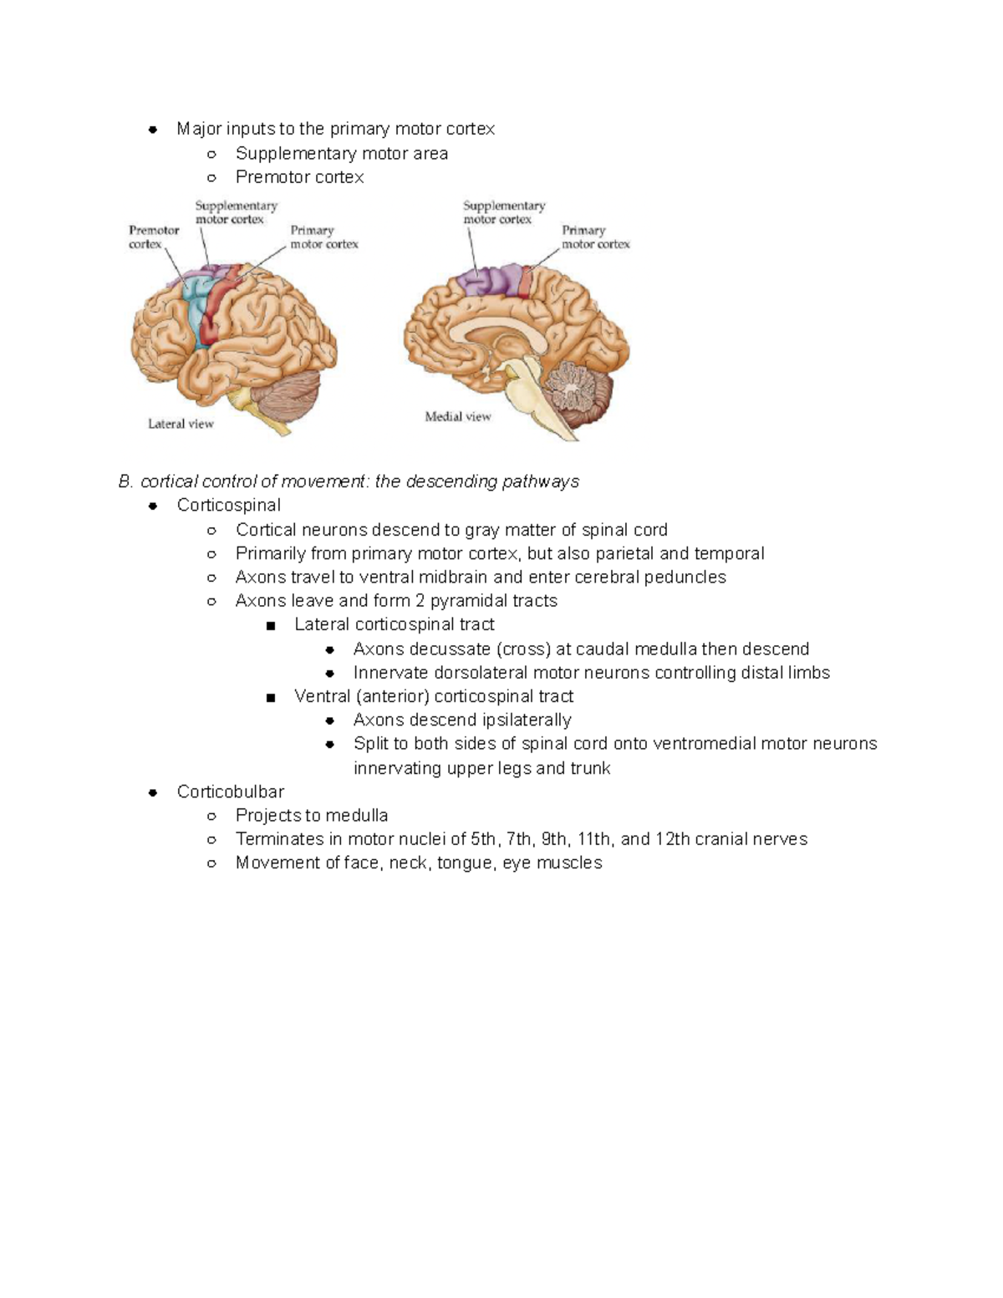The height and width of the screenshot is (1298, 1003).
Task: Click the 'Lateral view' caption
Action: (181, 424)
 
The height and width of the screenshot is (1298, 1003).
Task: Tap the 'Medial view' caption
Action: (458, 416)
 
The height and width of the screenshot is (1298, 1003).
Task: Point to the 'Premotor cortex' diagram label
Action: (153, 237)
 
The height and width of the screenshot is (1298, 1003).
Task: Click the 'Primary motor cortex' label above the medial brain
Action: (595, 237)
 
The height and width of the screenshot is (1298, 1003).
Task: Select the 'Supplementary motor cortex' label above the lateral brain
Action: (236, 211)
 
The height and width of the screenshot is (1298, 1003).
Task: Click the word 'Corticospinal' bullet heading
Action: (228, 505)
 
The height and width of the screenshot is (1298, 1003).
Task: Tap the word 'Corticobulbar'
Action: (231, 792)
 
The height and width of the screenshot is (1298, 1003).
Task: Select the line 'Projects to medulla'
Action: (312, 815)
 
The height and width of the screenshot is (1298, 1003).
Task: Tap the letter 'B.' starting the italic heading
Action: (126, 481)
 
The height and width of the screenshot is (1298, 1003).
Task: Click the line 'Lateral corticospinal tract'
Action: (394, 624)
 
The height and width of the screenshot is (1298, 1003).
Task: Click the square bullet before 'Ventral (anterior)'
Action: (270, 697)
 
